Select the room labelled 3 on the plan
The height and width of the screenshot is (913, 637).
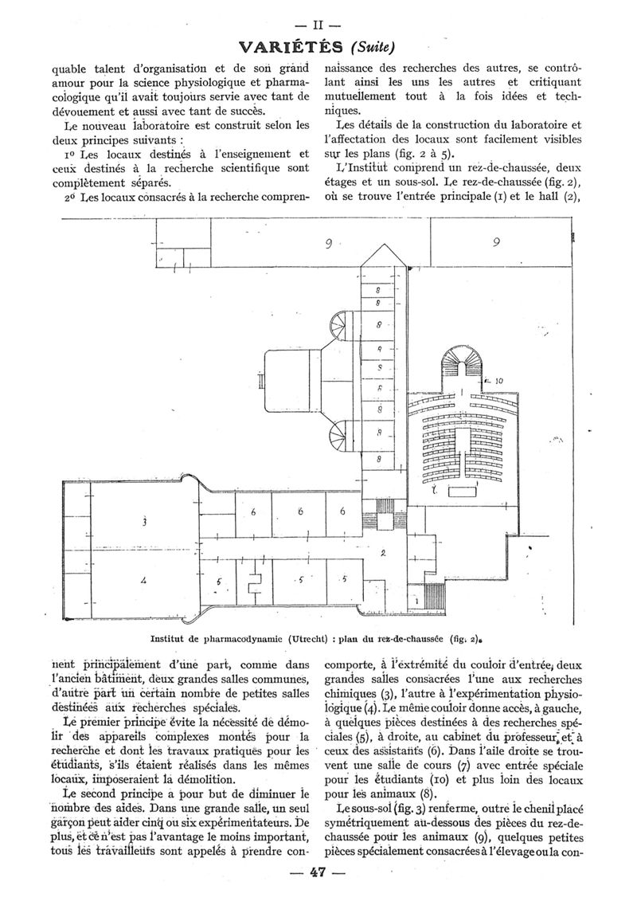tap(144, 523)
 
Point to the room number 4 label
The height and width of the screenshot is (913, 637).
tap(143, 581)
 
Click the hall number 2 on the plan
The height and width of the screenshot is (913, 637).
tap(383, 553)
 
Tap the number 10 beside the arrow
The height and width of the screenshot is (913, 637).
tap(498, 381)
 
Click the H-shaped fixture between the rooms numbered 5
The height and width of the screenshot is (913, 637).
tap(255, 583)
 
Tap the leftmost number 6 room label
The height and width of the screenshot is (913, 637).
tap(253, 512)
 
